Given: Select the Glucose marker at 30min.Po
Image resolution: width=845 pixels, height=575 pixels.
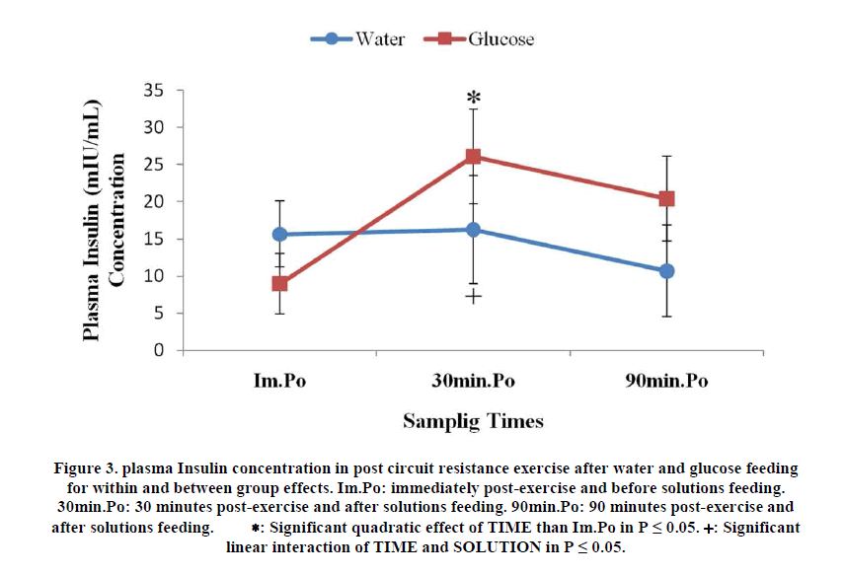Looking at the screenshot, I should pos(474,156).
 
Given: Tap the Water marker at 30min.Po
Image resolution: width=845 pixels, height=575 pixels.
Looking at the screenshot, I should pos(474,229).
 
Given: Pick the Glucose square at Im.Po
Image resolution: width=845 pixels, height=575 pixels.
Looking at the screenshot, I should pos(280,283).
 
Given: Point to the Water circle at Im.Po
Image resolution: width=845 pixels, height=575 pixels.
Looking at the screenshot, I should pos(280,234).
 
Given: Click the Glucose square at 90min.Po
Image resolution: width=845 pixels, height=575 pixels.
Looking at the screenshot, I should pos(666,198).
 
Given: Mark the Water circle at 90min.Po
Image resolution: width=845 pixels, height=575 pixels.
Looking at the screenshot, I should pos(666,270).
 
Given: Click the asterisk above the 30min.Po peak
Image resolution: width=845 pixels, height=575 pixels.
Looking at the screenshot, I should pos(474,98).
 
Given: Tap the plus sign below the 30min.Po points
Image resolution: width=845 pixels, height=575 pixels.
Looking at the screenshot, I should pos(474,296).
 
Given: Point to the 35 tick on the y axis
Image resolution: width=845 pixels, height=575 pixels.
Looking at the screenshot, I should pos(157,91).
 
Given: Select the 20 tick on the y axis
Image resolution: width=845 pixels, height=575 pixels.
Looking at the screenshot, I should pos(157,201).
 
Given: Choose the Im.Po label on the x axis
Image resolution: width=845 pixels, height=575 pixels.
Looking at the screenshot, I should pos(280,381).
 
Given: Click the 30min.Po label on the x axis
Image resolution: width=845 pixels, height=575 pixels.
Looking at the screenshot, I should pos(474,381).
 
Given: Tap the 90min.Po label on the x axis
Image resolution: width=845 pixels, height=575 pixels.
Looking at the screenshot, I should pos(666,381).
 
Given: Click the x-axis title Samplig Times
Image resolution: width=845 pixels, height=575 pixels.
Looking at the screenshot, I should pos(473,421).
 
